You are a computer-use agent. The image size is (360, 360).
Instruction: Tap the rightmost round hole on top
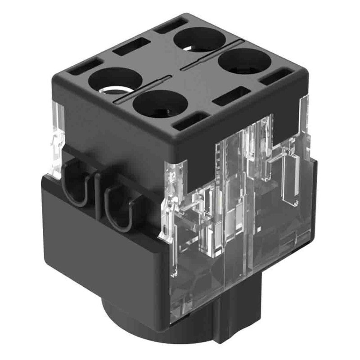click(246, 61)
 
